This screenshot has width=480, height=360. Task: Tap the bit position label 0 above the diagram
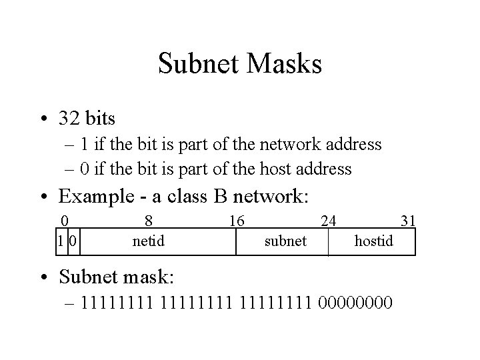point(64,221)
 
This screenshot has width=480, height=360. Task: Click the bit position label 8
point(149,221)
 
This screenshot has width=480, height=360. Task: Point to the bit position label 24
point(329,221)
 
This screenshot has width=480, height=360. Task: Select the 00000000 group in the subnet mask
point(356,305)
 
